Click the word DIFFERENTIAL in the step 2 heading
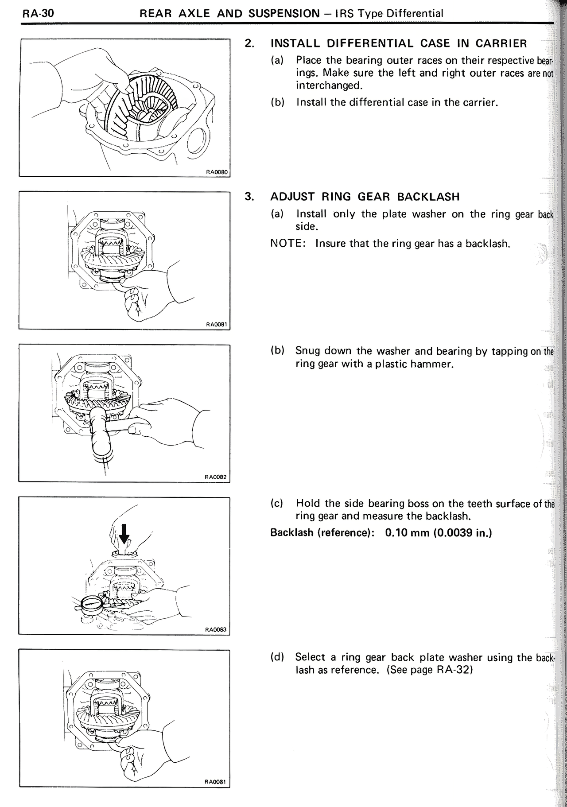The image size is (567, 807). pyautogui.click(x=370, y=43)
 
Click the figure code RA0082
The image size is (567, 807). pyautogui.click(x=216, y=477)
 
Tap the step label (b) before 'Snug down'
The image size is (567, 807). pyautogui.click(x=277, y=351)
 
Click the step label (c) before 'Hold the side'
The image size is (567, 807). pyautogui.click(x=277, y=504)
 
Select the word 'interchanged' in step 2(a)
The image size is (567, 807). pyautogui.click(x=326, y=85)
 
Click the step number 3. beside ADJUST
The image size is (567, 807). pyautogui.click(x=249, y=197)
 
